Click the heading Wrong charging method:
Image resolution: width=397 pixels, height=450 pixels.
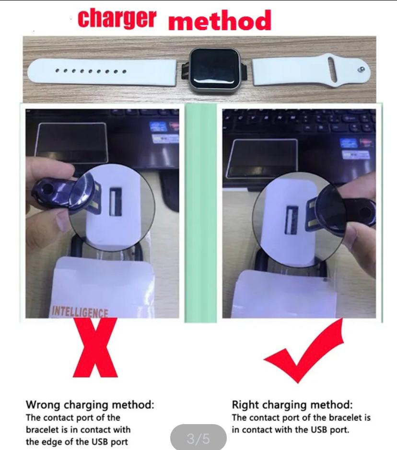coord(90,404)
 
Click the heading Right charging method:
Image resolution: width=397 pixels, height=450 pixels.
coord(292,404)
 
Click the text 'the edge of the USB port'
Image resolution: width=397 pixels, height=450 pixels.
coord(77,441)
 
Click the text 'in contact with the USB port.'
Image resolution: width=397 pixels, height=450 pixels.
coord(291,429)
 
